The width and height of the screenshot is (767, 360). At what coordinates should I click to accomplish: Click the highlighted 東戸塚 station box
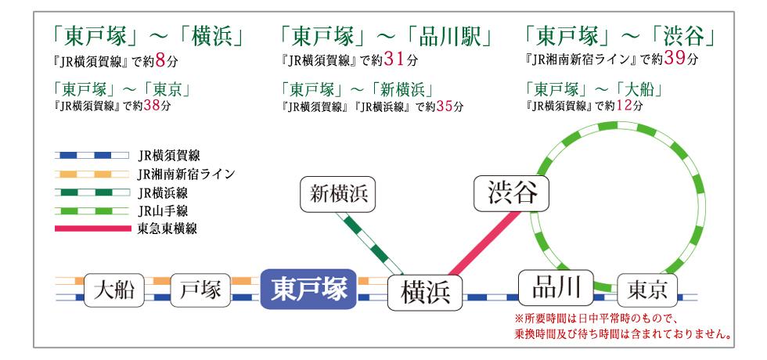click(x=308, y=289)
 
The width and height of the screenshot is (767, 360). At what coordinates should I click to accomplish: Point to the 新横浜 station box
click(x=337, y=194)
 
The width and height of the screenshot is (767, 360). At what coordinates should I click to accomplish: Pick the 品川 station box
click(x=556, y=286)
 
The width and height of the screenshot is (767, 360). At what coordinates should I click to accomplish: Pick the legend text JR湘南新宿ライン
click(x=185, y=174)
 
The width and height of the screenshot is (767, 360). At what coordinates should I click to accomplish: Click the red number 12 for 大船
click(x=624, y=106)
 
